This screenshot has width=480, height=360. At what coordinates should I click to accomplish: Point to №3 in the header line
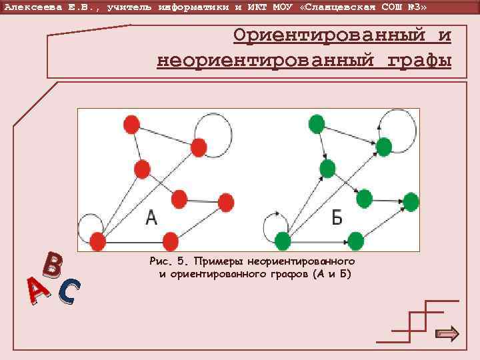411,6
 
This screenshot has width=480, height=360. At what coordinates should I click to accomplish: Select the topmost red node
131,123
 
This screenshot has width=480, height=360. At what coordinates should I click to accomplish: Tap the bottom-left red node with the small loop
98,241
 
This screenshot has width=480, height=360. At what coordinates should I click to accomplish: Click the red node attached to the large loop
199,147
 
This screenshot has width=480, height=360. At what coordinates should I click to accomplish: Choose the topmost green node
317,123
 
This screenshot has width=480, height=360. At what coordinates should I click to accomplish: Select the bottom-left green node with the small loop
283,241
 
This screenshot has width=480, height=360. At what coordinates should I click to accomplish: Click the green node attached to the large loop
384,147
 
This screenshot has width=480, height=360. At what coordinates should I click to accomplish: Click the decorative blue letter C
69,292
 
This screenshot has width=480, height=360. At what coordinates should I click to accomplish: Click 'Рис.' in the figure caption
164,261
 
